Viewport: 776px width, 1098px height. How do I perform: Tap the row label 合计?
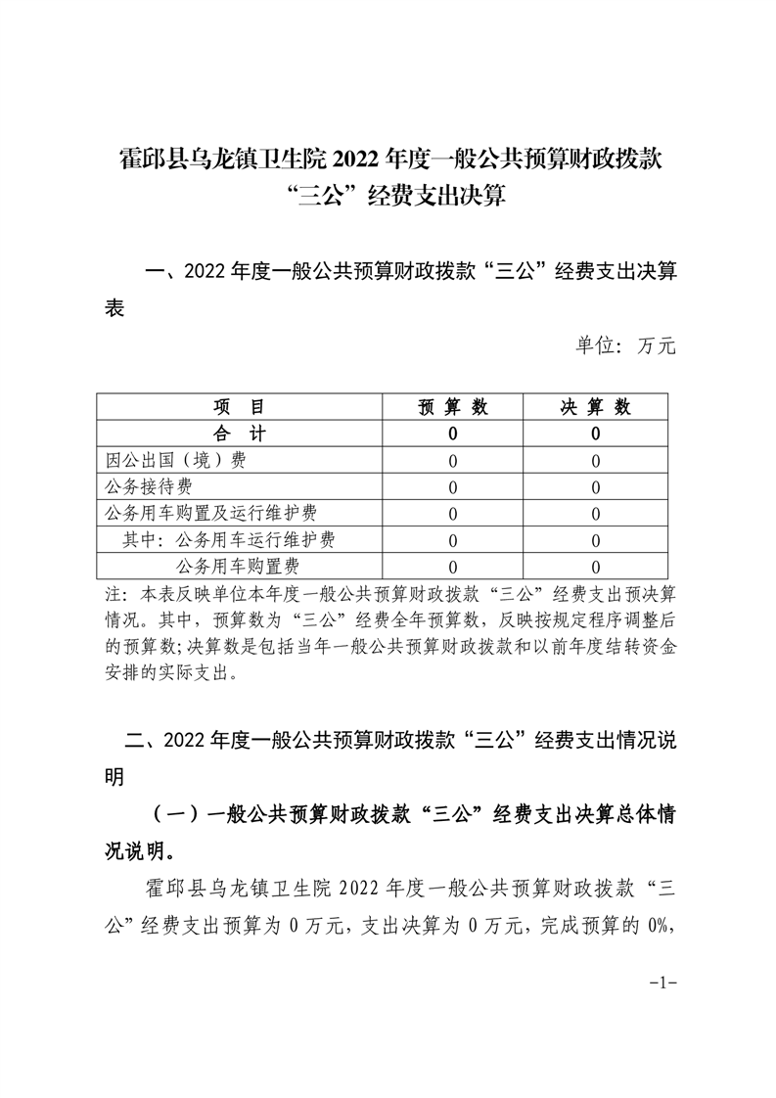pyautogui.click(x=240, y=434)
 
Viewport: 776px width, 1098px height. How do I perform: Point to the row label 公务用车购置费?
pyautogui.click(x=238, y=566)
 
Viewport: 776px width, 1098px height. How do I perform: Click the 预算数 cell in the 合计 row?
pyautogui.click(x=453, y=434)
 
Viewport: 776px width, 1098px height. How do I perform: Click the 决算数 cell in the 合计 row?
pyautogui.click(x=595, y=434)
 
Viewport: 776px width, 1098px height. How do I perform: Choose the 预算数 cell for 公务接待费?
pyautogui.click(x=453, y=486)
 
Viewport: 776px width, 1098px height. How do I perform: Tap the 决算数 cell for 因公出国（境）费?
pyautogui.click(x=595, y=460)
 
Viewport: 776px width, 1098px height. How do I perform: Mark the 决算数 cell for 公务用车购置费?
pyautogui.click(x=595, y=566)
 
